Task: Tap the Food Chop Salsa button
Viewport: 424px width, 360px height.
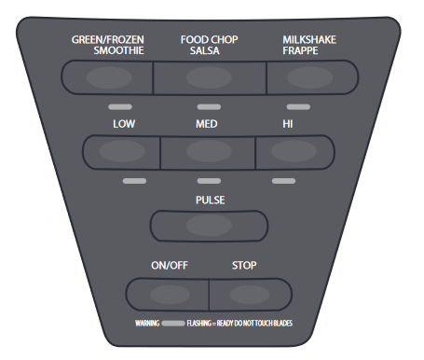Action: click(x=210, y=77)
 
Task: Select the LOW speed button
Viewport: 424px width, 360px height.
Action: click(x=122, y=151)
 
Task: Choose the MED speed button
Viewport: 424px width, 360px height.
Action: click(x=208, y=152)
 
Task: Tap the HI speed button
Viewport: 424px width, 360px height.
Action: click(x=294, y=151)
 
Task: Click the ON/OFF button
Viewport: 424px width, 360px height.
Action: click(x=168, y=295)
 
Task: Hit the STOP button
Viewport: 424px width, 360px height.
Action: click(x=251, y=295)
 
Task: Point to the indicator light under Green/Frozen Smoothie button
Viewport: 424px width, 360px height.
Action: click(x=120, y=107)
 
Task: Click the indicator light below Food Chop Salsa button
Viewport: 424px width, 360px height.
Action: click(x=209, y=107)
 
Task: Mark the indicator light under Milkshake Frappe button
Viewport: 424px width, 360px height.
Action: click(x=298, y=107)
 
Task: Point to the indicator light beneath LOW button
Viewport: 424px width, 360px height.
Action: click(x=134, y=181)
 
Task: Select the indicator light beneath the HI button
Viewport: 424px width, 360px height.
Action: click(x=283, y=181)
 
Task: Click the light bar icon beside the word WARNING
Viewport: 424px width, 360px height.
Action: click(x=173, y=324)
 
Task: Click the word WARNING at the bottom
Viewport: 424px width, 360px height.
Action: click(x=147, y=324)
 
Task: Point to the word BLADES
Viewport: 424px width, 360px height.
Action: click(x=283, y=324)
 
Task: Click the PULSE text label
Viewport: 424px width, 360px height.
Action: click(x=210, y=200)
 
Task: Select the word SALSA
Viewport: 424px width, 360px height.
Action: click(x=205, y=50)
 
